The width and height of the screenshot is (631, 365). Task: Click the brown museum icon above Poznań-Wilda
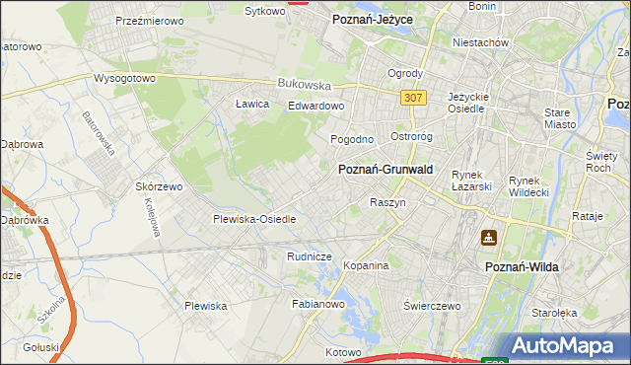click(x=488, y=238)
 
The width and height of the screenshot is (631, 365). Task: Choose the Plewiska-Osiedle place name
click(x=254, y=219)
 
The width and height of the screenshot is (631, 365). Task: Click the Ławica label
click(x=252, y=104)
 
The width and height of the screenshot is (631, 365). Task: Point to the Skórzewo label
click(x=160, y=186)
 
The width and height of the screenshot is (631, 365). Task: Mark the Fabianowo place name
click(x=317, y=305)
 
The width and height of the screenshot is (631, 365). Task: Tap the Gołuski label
click(x=41, y=347)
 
